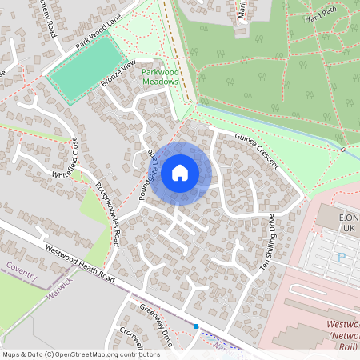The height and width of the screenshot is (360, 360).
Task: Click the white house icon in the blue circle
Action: [180, 172]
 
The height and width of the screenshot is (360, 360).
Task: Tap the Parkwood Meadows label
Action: [159, 77]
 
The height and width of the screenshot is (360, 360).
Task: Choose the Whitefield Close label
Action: [66, 163]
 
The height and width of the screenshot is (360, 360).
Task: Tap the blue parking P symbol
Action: [342, 258]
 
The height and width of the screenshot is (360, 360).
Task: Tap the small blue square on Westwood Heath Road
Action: [196, 326]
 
